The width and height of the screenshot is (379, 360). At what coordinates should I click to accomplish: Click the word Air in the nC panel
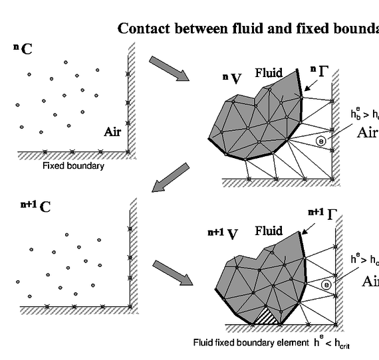[x=112, y=132]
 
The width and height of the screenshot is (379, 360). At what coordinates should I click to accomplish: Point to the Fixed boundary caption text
[x=73, y=165]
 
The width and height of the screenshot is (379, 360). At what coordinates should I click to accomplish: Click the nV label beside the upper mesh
[x=232, y=79]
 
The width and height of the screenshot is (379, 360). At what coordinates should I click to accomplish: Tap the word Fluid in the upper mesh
[x=269, y=73]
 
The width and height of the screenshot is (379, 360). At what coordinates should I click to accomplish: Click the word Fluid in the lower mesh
[x=269, y=231]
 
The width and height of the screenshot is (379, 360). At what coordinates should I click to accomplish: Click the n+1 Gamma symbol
[x=323, y=213]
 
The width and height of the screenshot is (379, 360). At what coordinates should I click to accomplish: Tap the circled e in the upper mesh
[x=321, y=141]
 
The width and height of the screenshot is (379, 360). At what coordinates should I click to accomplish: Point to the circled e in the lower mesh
[x=326, y=284]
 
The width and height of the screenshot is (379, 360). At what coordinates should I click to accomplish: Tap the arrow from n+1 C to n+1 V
[x=172, y=272]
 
